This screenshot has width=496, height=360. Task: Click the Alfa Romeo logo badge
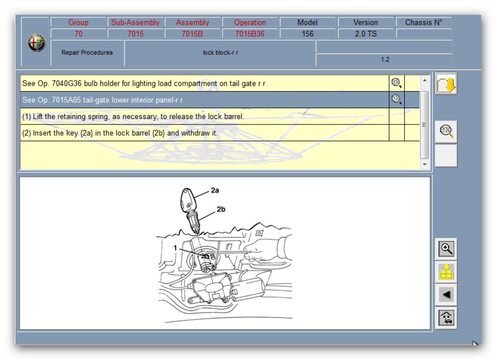click(37, 43)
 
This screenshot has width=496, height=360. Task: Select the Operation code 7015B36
click(249, 34)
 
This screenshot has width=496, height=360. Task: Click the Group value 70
click(78, 34)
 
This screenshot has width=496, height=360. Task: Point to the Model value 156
click(307, 34)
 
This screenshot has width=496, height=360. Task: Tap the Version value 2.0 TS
click(366, 34)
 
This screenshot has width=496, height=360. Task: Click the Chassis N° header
click(424, 22)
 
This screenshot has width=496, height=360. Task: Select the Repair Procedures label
click(87, 53)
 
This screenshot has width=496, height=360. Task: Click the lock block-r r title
click(221, 53)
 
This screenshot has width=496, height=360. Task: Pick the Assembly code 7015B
click(192, 34)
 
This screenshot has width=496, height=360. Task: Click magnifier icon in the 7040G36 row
click(396, 83)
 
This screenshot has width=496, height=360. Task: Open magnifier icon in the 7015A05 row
click(396, 99)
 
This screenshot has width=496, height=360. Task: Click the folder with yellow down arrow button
click(446, 84)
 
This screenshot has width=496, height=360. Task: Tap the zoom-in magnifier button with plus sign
click(446, 249)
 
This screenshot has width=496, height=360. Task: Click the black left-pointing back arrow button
click(446, 295)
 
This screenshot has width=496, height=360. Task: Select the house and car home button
click(446, 318)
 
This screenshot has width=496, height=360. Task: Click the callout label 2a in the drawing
click(215, 190)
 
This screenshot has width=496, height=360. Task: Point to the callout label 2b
click(221, 209)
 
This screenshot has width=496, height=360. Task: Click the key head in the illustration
click(187, 200)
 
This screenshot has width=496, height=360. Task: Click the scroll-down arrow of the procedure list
click(425, 165)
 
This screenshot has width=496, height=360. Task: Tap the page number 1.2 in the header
click(385, 60)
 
